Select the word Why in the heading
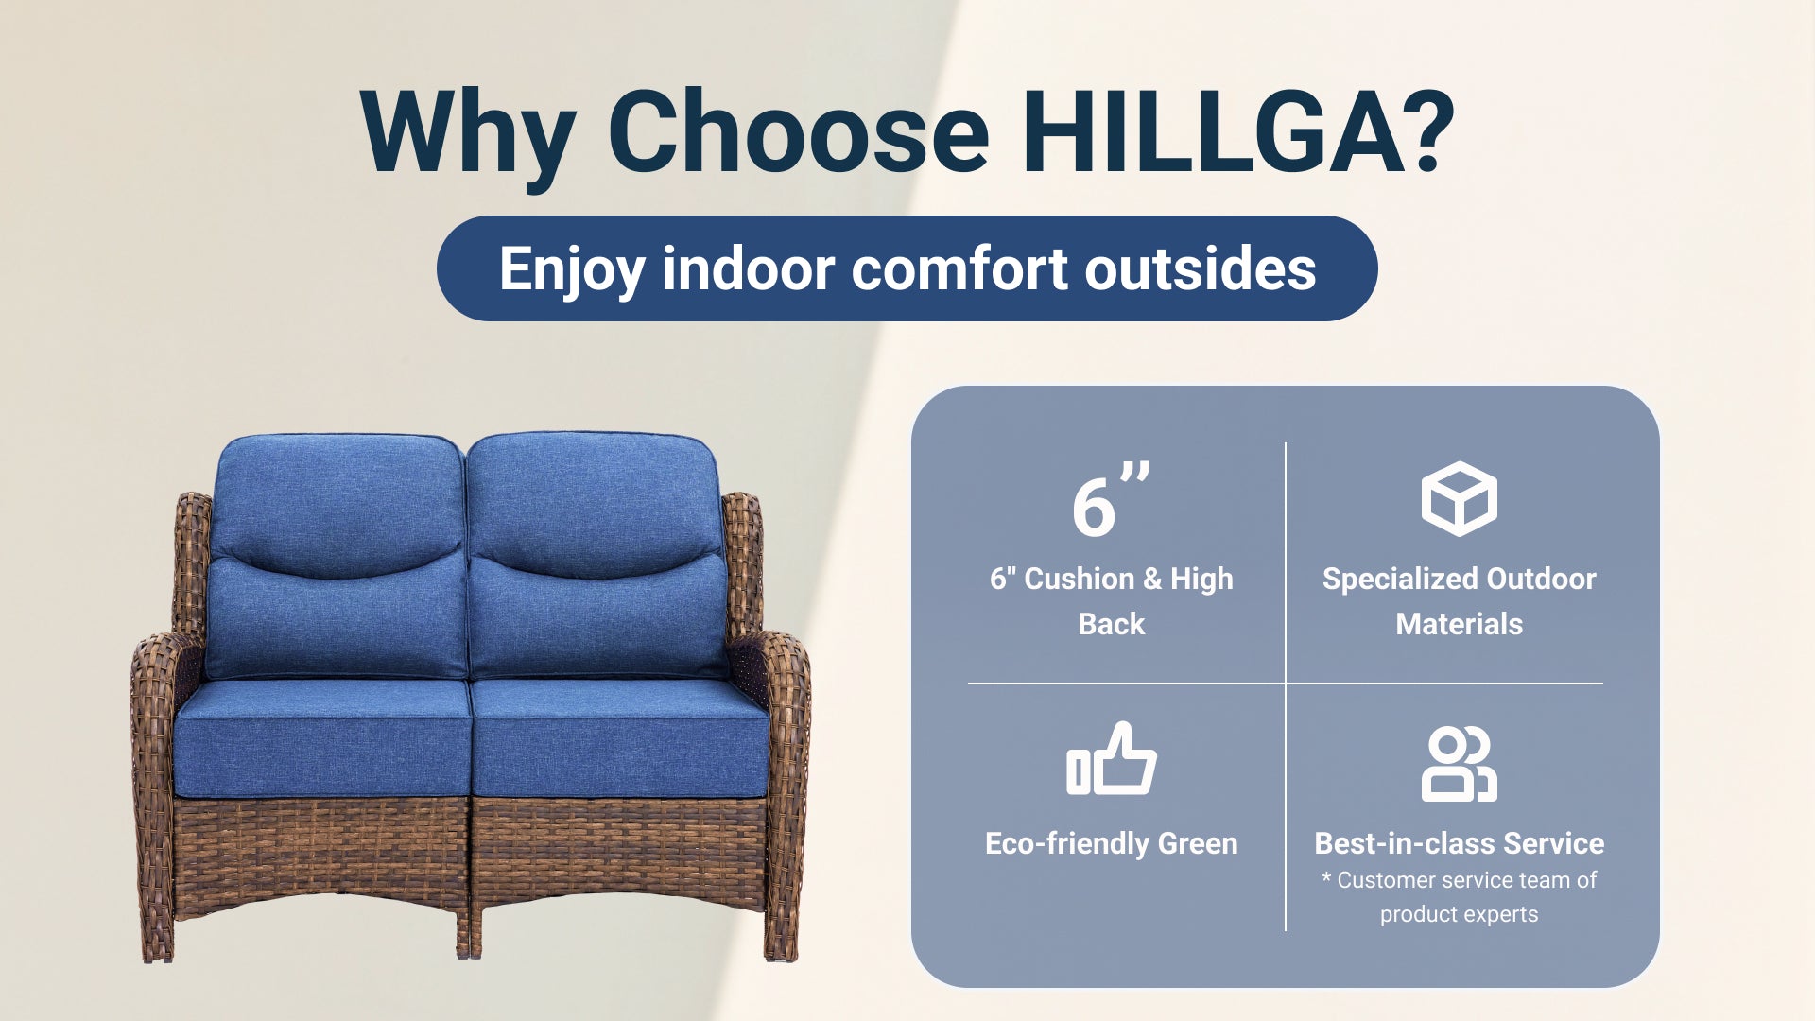469,137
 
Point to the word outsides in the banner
1201,268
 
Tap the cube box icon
1459,499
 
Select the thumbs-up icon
1112,758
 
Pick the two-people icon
1459,764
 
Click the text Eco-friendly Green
1112,843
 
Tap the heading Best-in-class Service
1459,843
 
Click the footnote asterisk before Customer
1326,878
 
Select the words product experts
1459,914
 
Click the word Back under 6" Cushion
1112,624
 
